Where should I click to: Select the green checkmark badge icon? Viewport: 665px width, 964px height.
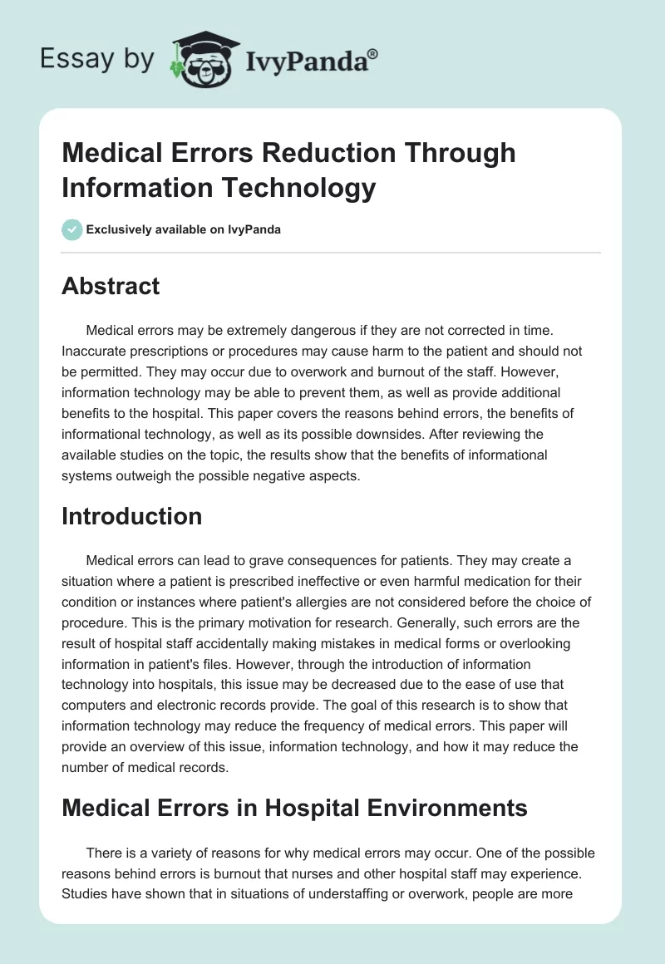pos(71,229)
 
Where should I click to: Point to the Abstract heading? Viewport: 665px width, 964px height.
pos(111,286)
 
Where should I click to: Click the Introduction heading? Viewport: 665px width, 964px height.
pos(131,516)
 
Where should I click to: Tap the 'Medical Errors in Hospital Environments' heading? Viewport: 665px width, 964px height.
pos(294,807)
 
